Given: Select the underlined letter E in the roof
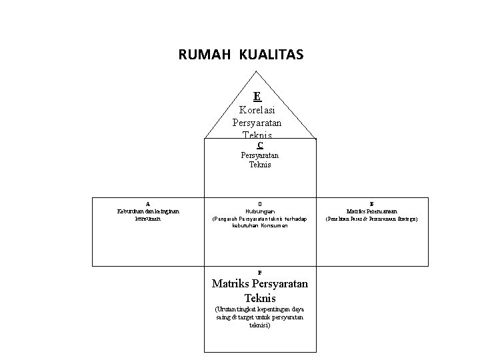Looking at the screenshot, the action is [257, 96].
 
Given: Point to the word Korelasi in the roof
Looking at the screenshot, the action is [257, 109].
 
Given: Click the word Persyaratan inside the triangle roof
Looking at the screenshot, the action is [257, 123].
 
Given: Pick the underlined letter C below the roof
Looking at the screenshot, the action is [260, 145].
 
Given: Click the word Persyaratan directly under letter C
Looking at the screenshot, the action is [260, 155].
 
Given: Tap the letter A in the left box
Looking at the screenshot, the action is [147, 203].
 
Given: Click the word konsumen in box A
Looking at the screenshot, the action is [147, 218].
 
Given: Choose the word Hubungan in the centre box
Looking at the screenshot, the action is [259, 211].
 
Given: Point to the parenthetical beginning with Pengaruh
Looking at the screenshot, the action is [259, 222].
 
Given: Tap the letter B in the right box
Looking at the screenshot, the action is [371, 203].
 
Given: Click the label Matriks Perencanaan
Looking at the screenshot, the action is [371, 211].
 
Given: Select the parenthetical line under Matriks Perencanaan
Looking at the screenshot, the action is [371, 218].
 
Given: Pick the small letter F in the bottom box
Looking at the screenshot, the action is [259, 273].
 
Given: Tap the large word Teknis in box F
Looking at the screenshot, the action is [259, 298].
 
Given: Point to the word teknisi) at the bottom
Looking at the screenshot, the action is [259, 325].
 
